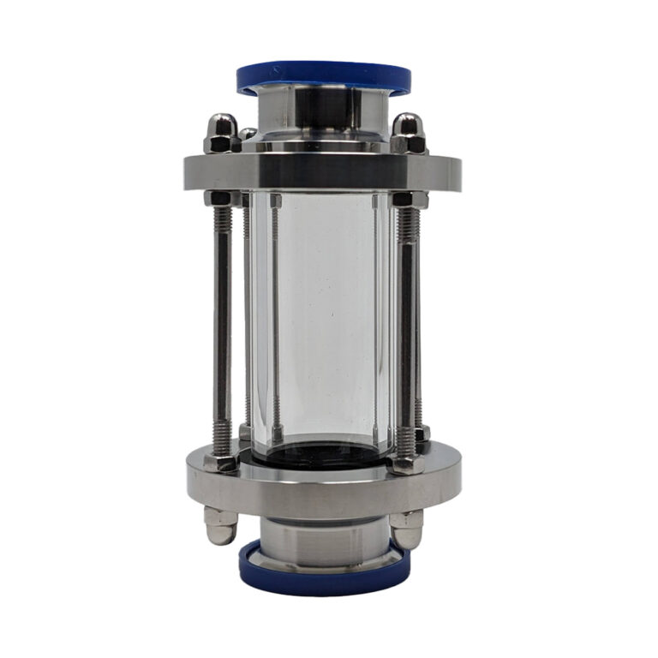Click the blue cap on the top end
[323, 75]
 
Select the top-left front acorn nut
[221, 134]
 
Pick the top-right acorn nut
[409, 133]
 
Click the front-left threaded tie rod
[222, 326]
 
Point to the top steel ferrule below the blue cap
[323, 111]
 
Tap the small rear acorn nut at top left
[248, 135]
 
